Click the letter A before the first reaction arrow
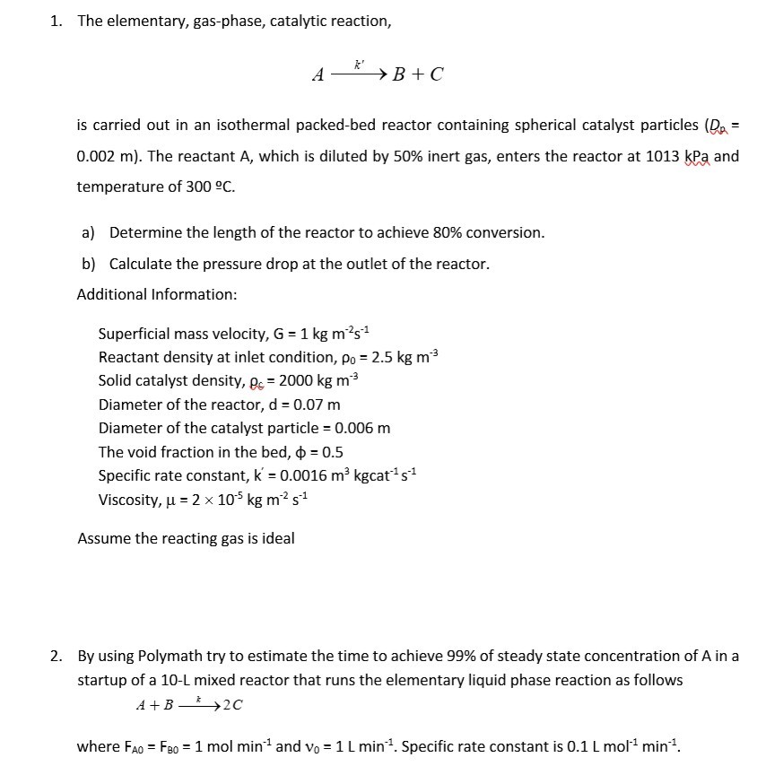pyautogui.click(x=318, y=76)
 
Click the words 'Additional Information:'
pyautogui.click(x=157, y=293)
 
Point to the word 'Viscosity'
pyautogui.click(x=128, y=499)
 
